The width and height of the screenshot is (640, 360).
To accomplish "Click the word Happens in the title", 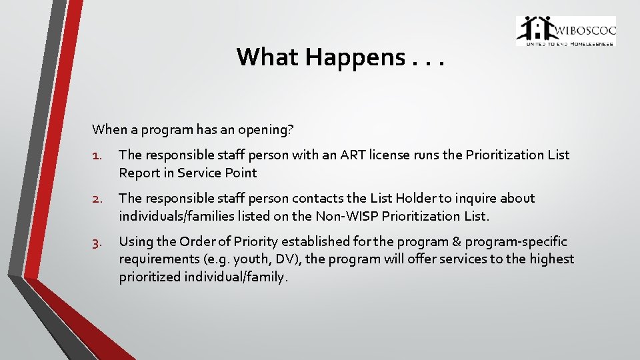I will tap(354, 57).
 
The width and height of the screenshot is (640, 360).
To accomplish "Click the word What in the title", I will tap(268, 57).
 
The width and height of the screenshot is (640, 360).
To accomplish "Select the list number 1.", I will tap(97, 155).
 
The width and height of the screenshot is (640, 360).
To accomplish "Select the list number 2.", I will tap(97, 199).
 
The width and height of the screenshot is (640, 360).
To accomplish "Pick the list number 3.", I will tap(97, 242).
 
